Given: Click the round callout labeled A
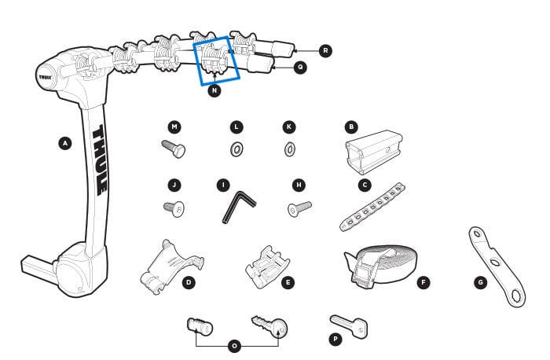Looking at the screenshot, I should coord(65,143).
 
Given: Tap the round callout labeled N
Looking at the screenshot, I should coord(214,90).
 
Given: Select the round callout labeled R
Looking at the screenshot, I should coord(326,50).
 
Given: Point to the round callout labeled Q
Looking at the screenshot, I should coord(301,68).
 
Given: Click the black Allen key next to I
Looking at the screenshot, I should coord(236,208).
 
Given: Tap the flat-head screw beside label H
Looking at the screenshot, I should coord(299,208).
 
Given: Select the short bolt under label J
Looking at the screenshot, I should coord(174,208).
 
